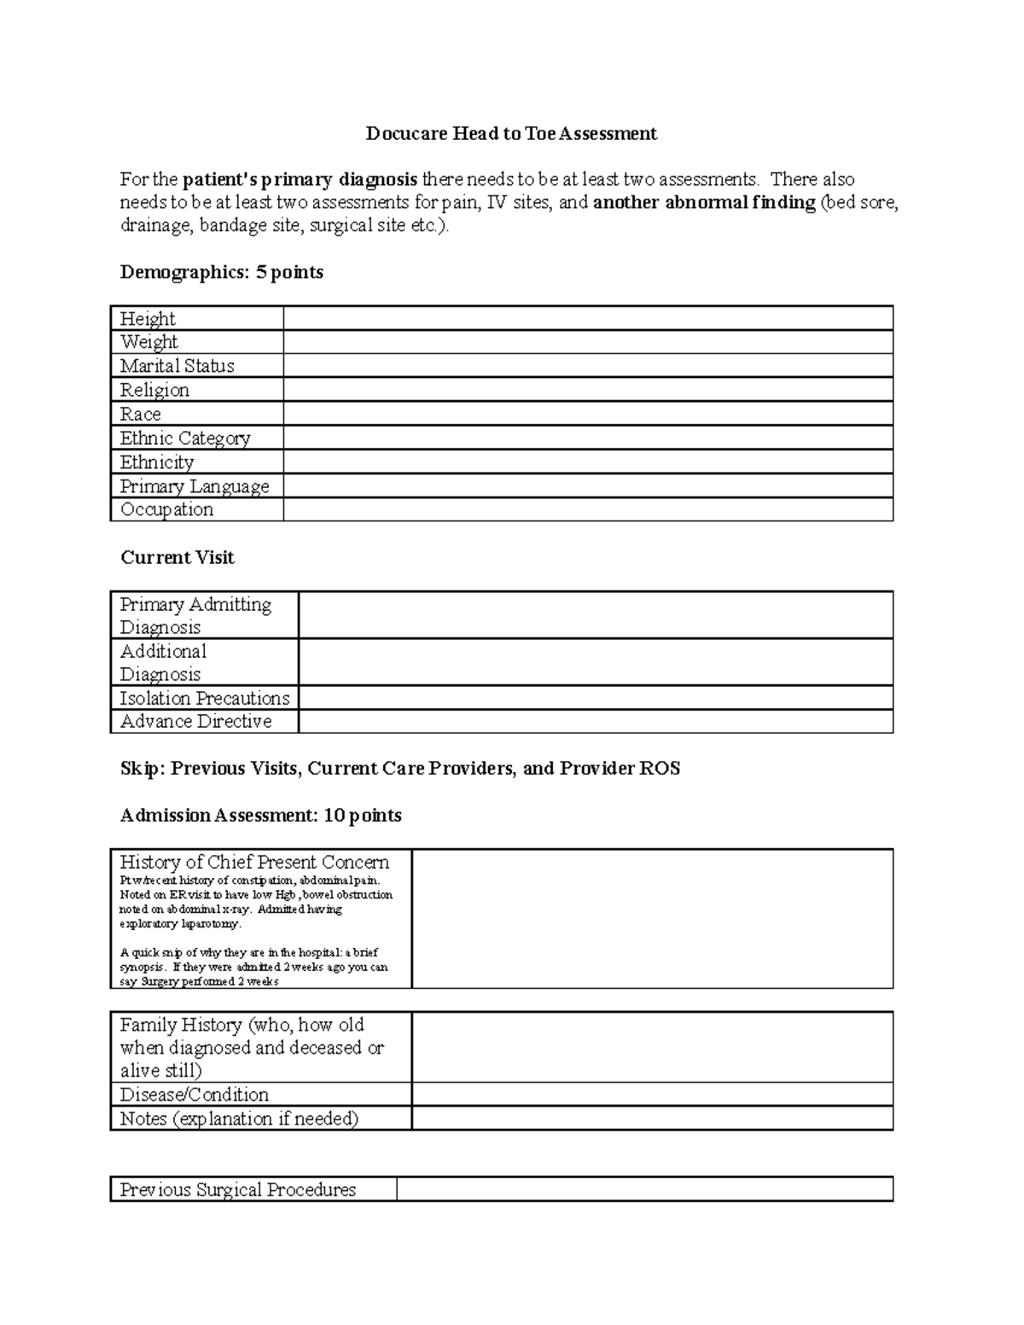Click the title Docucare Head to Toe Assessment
tap(511, 133)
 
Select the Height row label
tap(148, 318)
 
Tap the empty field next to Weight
tap(587, 342)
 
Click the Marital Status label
tap(177, 366)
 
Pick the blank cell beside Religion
tap(587, 390)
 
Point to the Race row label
tap(141, 414)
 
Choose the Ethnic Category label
tap(185, 438)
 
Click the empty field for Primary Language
tap(587, 485)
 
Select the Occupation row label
tap(166, 509)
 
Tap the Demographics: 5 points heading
tap(222, 272)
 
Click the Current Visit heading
tap(177, 557)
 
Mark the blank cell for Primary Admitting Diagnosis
tap(595, 615)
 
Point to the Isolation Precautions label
tap(205, 698)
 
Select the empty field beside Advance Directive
tap(595, 721)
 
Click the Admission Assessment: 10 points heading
tap(260, 815)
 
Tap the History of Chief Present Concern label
tap(254, 862)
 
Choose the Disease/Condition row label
tap(195, 1094)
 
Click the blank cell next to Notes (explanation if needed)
tap(652, 1118)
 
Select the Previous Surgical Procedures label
tap(238, 1189)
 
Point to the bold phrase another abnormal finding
tap(704, 202)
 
